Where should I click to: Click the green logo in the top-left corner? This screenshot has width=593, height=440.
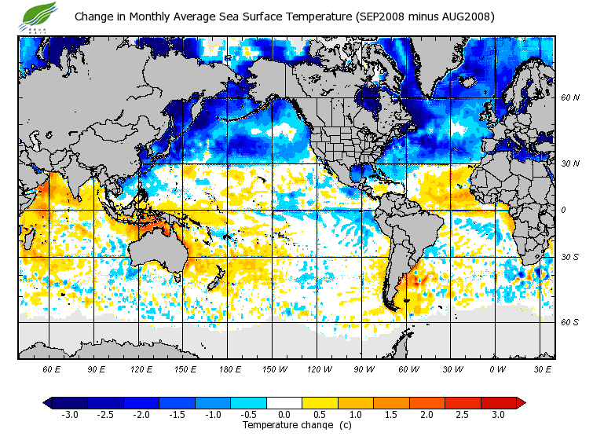[x=40, y=16]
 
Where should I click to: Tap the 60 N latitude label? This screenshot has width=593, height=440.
[x=569, y=98]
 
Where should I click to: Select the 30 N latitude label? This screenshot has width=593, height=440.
[x=569, y=163]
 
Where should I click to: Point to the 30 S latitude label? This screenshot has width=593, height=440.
[x=569, y=258]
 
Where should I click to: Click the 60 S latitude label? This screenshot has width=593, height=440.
[x=569, y=322]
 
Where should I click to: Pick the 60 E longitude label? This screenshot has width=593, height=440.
[x=51, y=368]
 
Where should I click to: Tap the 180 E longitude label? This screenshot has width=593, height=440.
[x=229, y=368]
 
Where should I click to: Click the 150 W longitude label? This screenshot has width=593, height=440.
[x=274, y=368]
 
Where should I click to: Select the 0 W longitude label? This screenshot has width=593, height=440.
[x=497, y=368]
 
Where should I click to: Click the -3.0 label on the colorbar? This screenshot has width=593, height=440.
[x=69, y=415]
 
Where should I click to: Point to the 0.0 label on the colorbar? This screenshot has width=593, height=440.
[x=284, y=415]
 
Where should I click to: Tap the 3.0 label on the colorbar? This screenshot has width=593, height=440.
[x=498, y=415]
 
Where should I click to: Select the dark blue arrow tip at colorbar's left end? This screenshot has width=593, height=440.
[x=47, y=403]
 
